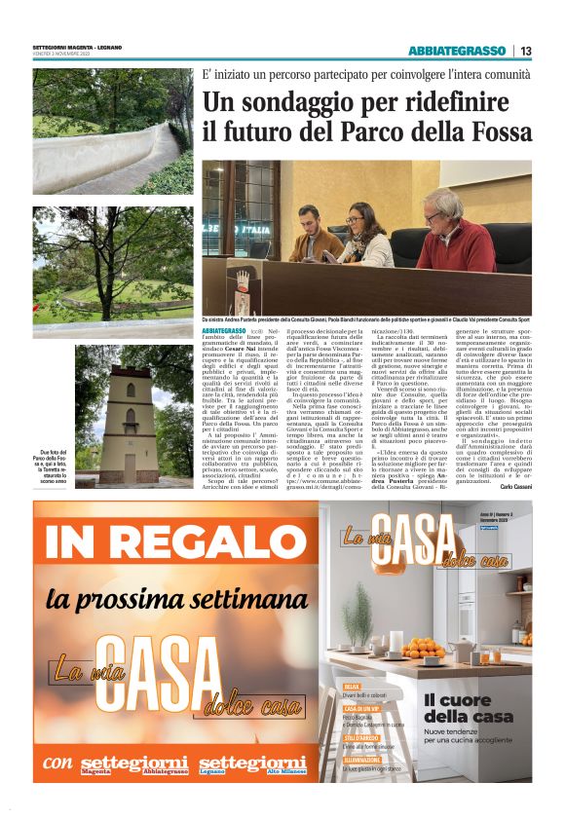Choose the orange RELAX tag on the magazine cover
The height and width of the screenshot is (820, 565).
click(352, 687)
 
